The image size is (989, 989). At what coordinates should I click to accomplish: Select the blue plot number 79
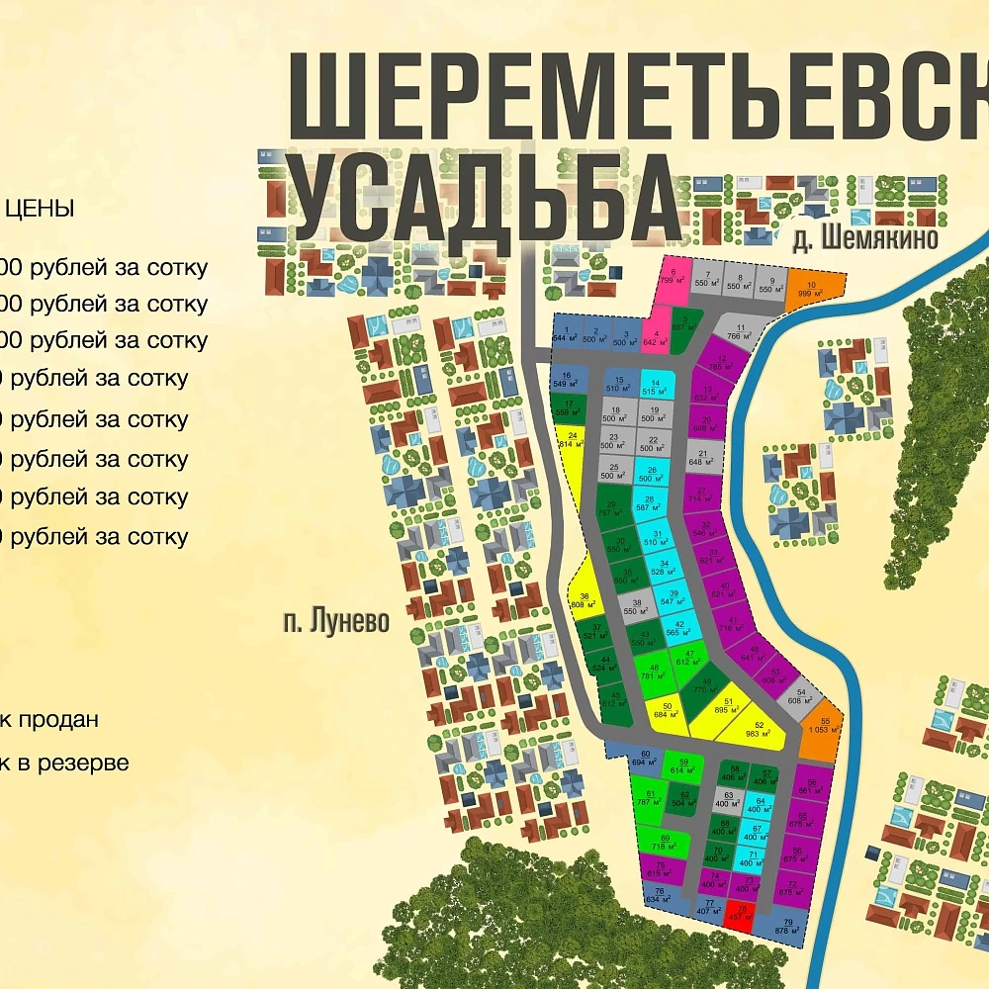[787, 927]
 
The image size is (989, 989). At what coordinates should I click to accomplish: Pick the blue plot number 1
[566, 333]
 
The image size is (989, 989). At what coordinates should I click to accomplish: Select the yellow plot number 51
[728, 705]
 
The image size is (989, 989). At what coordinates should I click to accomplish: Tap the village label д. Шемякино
[864, 239]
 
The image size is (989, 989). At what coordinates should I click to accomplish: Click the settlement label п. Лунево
[335, 622]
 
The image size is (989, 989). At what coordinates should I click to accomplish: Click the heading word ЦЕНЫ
[39, 209]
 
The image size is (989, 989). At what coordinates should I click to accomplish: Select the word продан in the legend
[59, 719]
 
